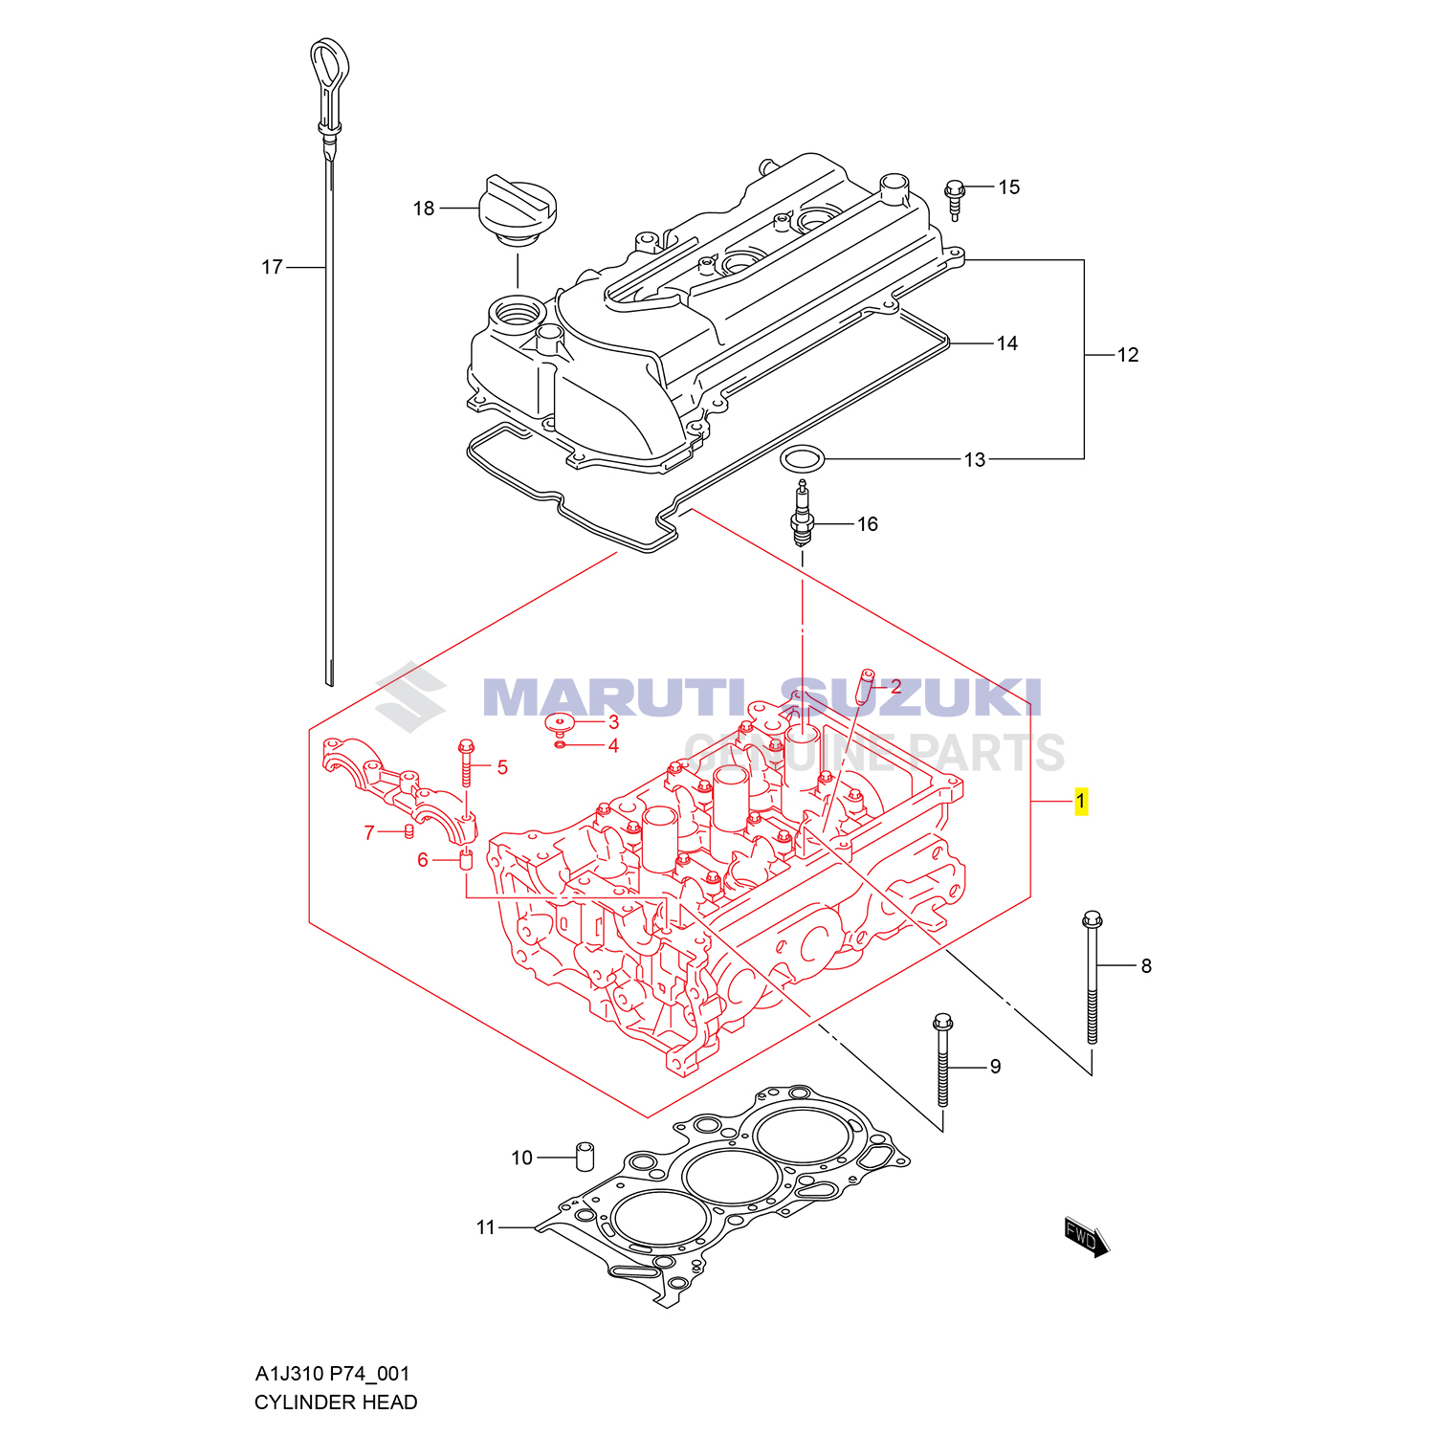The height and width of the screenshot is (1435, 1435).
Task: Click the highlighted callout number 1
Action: (1081, 801)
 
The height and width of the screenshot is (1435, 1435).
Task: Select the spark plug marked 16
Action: (802, 517)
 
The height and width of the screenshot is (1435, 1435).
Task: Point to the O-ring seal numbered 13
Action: (802, 460)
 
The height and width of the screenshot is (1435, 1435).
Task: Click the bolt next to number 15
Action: (955, 198)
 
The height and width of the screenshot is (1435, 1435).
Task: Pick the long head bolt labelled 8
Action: (1093, 976)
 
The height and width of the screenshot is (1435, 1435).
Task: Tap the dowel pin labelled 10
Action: (584, 1156)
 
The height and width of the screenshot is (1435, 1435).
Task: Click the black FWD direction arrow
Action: (1087, 1237)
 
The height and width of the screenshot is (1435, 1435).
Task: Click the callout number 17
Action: (272, 268)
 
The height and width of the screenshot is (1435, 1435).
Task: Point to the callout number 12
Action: (1128, 355)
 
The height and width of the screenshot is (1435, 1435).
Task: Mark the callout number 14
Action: (1007, 343)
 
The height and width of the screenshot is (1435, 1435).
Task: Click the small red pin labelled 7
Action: (408, 829)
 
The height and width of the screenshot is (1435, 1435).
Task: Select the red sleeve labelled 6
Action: (467, 860)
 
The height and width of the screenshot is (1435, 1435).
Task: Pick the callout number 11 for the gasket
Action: (486, 1227)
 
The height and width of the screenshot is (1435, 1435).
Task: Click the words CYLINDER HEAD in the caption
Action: (336, 1402)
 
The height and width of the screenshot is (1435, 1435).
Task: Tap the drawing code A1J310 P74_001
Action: (332, 1374)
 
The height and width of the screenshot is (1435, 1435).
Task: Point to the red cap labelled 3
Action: (559, 721)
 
